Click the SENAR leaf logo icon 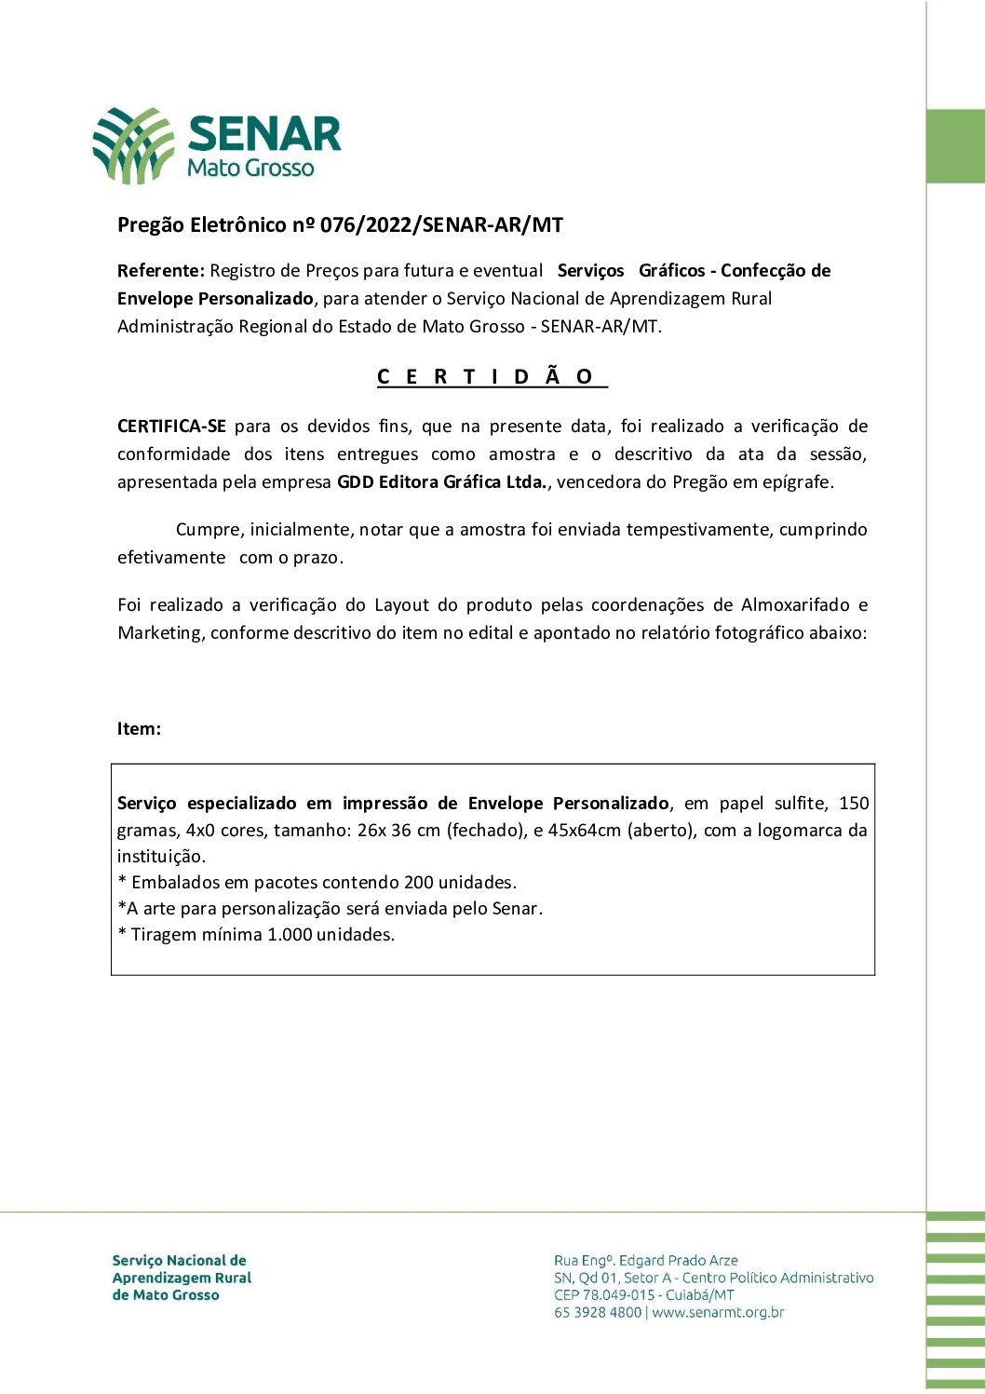point(133,144)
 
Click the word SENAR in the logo point(264,134)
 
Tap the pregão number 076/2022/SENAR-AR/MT point(441,224)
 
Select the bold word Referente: point(160,271)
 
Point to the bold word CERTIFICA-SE point(171,426)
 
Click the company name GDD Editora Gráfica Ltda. point(444,482)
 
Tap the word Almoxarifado point(795,605)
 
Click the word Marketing point(159,633)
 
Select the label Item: point(139,729)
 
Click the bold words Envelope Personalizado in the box point(568,804)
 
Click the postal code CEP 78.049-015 point(604,1295)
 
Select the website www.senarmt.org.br point(718,1313)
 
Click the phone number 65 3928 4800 point(598,1313)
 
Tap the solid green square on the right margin point(955,146)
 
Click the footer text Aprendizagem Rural point(182,1279)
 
